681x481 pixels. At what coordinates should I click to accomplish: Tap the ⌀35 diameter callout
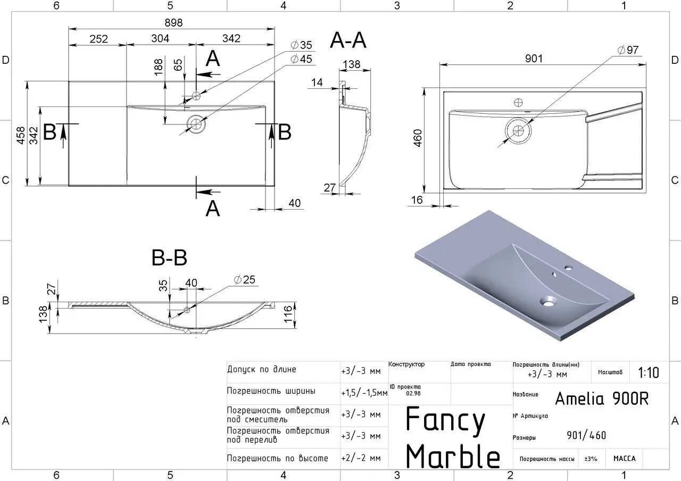coord(301,45)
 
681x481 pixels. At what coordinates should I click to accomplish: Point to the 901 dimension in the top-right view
coord(534,58)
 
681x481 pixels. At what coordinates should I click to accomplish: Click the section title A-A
coord(348,40)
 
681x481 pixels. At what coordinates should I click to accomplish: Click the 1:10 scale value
coord(648,372)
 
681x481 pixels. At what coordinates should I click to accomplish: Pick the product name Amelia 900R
coord(602,398)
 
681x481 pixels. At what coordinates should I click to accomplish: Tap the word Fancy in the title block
coord(445,420)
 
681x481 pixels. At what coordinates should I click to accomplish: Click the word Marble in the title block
coord(453,456)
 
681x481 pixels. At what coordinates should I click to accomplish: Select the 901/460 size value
coord(586,436)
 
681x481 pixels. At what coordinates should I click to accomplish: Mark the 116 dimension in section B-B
coord(288,310)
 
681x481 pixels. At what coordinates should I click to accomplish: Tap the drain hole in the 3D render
coord(546,302)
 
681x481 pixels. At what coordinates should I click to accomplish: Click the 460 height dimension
coord(417,139)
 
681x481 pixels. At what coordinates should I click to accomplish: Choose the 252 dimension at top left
coord(98,39)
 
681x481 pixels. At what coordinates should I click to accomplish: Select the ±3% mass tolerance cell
coord(591,458)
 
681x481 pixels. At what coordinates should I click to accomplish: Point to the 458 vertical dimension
coord(20,136)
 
